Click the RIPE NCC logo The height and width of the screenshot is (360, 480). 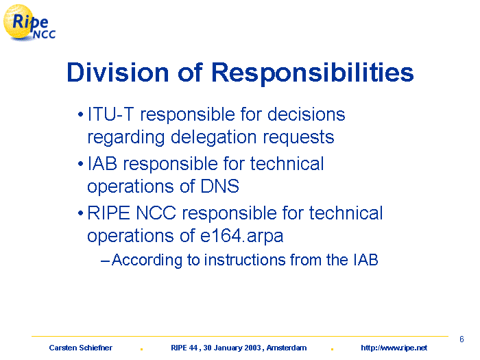(29, 23)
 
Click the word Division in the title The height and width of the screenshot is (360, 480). (118, 73)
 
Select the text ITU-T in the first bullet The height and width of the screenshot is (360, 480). (110, 115)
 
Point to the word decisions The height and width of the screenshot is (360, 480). (306, 115)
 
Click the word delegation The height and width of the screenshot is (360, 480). (213, 137)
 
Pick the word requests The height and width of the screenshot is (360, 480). (298, 138)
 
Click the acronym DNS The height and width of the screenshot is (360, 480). (220, 186)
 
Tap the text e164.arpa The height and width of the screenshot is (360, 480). (241, 237)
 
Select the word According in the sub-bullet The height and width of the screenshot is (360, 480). (147, 260)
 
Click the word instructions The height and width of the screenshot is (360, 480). (245, 260)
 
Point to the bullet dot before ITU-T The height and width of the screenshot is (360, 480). (80, 115)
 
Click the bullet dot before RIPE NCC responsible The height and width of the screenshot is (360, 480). (80, 213)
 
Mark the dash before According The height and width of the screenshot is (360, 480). (105, 261)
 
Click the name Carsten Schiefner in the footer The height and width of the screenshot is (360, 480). (80, 348)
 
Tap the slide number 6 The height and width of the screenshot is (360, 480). (461, 339)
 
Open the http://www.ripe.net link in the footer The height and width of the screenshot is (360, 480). (394, 348)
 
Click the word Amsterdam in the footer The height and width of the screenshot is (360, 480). (287, 348)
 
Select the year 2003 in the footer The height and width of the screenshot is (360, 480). (252, 348)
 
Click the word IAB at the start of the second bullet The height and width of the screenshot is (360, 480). (102, 164)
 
